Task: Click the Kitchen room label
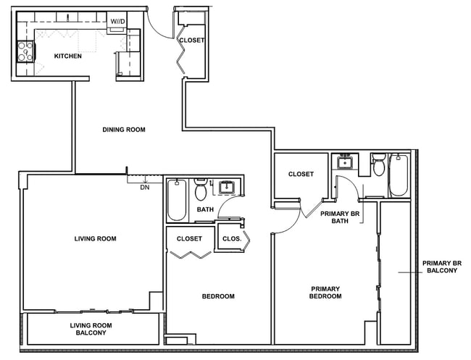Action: coord(68,56)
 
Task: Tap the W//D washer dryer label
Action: coord(117,22)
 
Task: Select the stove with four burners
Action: coord(25,52)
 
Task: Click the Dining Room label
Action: coord(124,130)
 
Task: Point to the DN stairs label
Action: coord(145,188)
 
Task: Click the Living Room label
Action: coord(95,239)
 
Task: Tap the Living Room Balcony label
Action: coord(91,329)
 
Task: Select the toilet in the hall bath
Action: coord(200,189)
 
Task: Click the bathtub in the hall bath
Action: coord(177,200)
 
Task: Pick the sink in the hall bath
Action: coord(226,188)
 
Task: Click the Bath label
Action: coord(206,209)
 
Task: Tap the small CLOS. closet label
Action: coord(232,239)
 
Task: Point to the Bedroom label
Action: coord(218,296)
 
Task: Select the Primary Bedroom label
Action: coord(325,293)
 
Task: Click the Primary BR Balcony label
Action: coord(442,267)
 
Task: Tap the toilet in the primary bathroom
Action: coord(379,165)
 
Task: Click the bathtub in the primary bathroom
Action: coord(399,175)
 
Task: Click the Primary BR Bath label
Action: coord(340,217)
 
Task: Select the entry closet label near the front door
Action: coord(192,41)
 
